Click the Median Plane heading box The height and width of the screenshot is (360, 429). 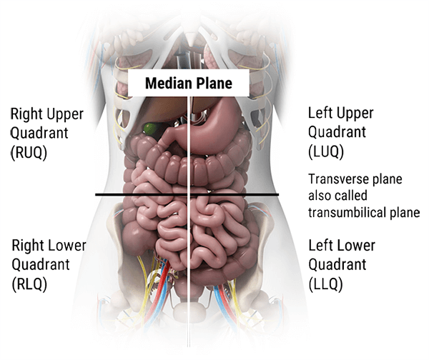point(188,83)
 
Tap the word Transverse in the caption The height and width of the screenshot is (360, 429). point(335,179)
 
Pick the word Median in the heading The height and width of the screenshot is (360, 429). point(169,83)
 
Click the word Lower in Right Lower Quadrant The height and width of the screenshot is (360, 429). point(66,246)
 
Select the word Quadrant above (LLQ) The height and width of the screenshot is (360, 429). point(337,264)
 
